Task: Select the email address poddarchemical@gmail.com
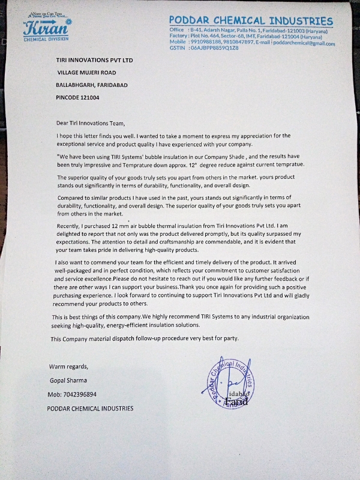[x=305, y=43]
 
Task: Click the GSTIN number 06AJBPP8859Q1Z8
[x=215, y=49]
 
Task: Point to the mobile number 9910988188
[x=205, y=43]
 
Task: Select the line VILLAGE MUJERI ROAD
[x=86, y=73]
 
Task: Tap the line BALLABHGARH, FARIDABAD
[x=91, y=85]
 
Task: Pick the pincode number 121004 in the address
[x=88, y=97]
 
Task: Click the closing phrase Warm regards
[x=68, y=367]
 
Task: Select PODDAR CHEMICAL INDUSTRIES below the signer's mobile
[x=90, y=409]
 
